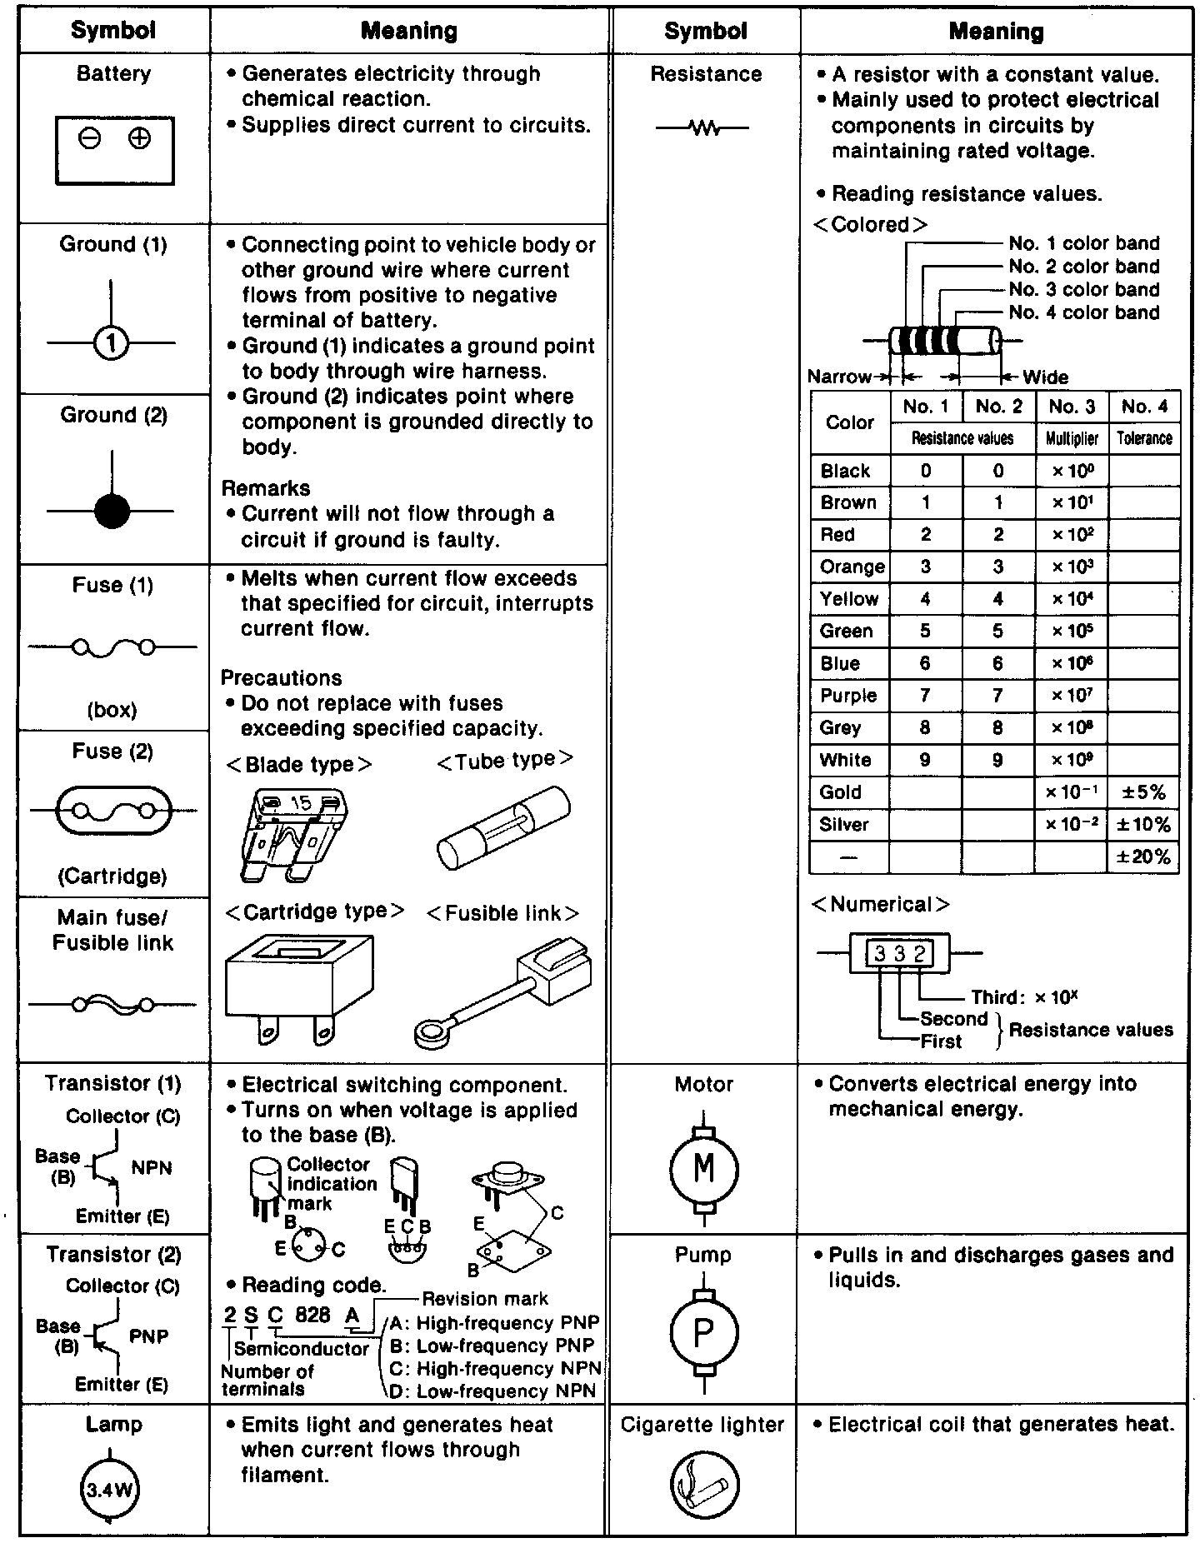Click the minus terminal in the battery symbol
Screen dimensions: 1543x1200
90,138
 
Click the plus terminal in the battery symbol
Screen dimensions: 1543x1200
139,138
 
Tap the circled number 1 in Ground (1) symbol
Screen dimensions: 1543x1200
112,342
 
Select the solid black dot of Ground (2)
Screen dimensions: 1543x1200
112,511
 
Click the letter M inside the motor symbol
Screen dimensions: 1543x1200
704,1168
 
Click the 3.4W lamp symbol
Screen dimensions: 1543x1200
109,1490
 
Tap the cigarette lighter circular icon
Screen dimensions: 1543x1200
704,1485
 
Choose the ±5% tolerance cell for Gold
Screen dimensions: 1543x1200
1143,792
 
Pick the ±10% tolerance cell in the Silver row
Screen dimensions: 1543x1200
1143,825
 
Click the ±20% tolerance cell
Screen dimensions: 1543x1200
1143,856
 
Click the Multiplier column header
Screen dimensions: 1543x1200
1072,438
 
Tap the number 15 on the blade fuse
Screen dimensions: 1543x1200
300,803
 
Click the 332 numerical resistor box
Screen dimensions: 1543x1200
899,953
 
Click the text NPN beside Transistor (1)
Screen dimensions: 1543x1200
152,1167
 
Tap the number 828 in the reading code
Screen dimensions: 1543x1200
312,1315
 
